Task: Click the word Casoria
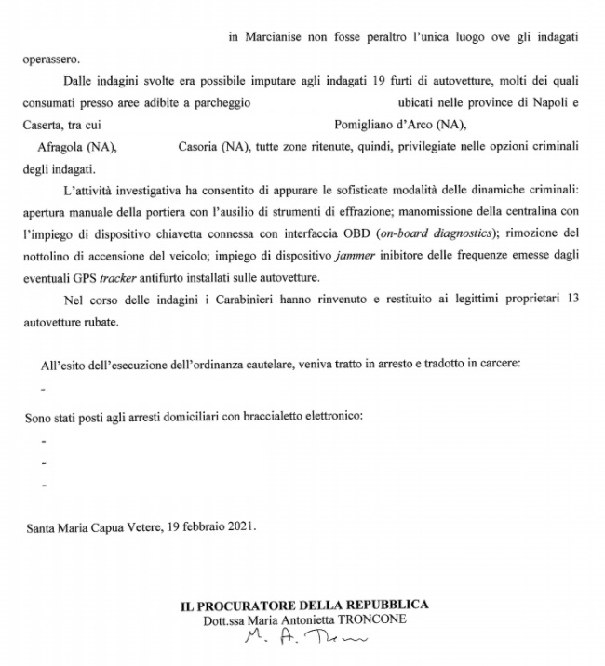[x=199, y=147]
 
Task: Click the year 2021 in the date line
[x=237, y=526]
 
